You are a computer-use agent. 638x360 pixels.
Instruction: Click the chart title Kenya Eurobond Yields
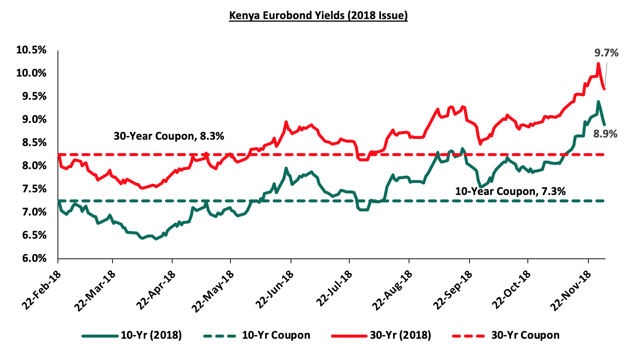(318, 16)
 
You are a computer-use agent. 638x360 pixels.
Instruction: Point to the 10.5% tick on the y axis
(31, 50)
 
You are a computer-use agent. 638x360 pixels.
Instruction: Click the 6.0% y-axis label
(31, 258)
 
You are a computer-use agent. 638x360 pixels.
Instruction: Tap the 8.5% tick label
(31, 143)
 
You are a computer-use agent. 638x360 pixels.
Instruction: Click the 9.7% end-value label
(606, 53)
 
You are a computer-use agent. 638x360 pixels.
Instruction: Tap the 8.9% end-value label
(606, 134)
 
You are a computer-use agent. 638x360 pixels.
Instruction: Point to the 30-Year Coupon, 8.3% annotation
(169, 136)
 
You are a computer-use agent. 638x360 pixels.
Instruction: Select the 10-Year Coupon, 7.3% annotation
(510, 192)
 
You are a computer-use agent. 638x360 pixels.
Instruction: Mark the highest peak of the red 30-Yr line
(598, 63)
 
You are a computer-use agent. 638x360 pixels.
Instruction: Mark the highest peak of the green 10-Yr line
(598, 102)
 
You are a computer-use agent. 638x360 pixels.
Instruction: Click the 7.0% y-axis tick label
(31, 212)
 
